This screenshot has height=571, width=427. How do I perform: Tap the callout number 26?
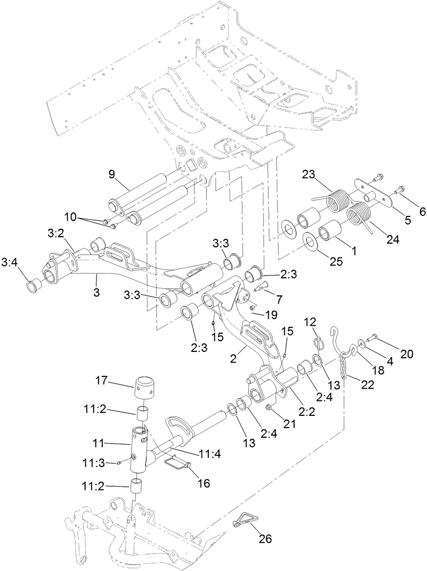(x=265, y=538)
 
